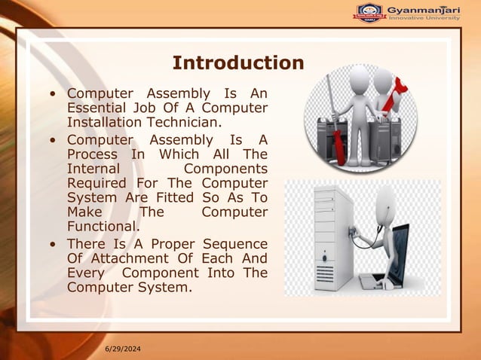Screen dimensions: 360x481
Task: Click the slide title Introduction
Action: click(x=237, y=63)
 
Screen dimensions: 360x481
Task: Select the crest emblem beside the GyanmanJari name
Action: click(x=369, y=12)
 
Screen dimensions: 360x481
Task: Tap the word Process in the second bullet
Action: click(x=93, y=154)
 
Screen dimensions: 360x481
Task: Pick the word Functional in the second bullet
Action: click(x=103, y=226)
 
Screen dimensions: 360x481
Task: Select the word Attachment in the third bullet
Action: click(x=142, y=258)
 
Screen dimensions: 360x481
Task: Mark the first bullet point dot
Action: click(x=51, y=94)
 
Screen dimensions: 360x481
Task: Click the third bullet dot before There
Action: click(x=51, y=245)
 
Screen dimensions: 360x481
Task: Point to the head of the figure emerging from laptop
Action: click(x=385, y=200)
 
